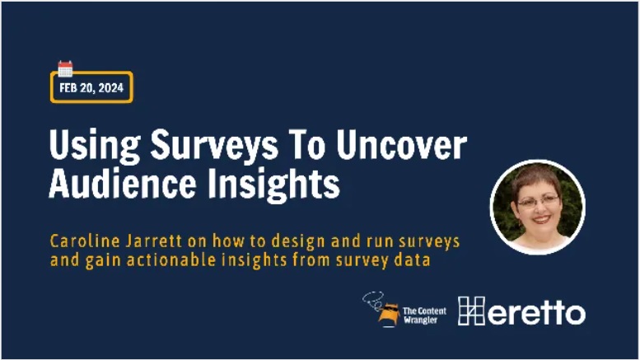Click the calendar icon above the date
click(65, 68)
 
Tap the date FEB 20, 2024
click(91, 88)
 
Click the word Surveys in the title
click(214, 146)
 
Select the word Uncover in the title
click(401, 145)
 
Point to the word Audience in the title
click(123, 183)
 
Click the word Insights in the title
click(273, 185)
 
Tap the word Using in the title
click(95, 146)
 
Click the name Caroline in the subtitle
click(85, 241)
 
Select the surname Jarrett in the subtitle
click(154, 241)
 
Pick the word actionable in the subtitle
click(171, 259)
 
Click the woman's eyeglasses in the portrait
click(538, 201)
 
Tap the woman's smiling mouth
click(542, 219)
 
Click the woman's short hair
click(535, 180)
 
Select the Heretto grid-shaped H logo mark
click(471, 311)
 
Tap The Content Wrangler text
click(424, 316)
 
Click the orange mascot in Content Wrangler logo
click(388, 315)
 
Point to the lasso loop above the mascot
click(373, 300)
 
